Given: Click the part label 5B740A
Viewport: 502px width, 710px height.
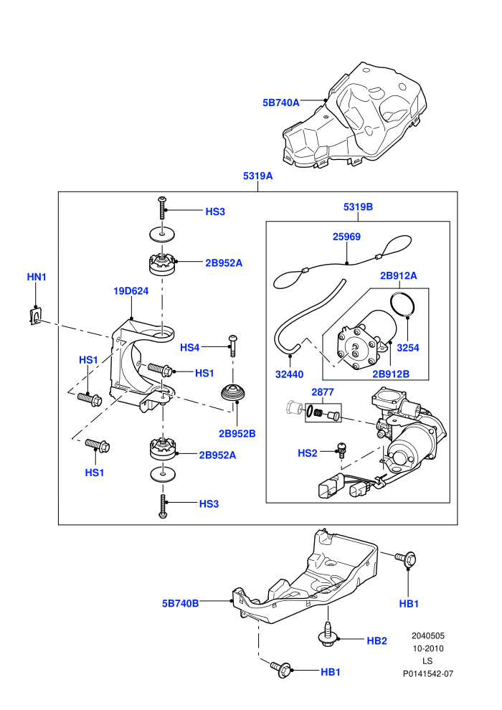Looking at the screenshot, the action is pos(280,103).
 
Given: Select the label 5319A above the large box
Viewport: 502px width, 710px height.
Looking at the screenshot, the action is pos(257,176).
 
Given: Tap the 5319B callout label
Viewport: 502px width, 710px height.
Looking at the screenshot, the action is pos(358,207).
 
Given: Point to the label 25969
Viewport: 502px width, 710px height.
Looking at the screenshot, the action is pos(346,237).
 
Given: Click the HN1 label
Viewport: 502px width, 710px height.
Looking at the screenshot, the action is pos(36,277).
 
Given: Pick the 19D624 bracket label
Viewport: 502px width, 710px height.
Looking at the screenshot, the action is pos(131,290).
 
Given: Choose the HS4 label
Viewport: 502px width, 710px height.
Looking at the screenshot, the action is pos(189,347).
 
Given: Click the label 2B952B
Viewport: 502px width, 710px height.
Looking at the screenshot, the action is pos(237,433).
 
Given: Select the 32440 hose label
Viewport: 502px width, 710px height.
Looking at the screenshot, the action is pos(289,374).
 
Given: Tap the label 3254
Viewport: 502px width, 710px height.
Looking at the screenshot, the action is pos(408,348).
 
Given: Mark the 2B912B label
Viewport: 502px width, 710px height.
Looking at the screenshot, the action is pos(391,374).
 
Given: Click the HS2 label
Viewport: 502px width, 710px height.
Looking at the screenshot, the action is pos(308,453).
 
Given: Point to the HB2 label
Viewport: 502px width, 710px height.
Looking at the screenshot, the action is pos(376,640).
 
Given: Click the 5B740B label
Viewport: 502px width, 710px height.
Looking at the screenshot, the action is pos(180,603).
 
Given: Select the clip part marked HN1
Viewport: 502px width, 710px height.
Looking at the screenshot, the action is pos(34,316).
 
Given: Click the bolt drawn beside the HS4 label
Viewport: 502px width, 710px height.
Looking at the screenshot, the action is pos(233,346).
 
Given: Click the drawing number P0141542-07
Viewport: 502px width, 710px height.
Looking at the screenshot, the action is pos(427,673).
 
